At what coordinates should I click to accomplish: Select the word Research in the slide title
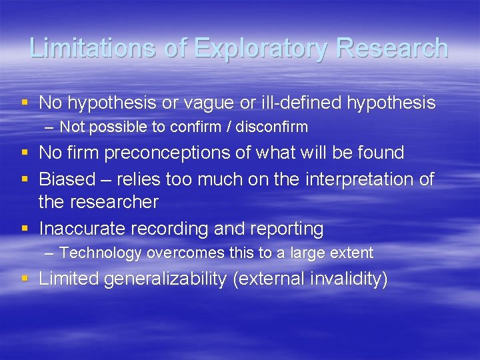[x=393, y=48]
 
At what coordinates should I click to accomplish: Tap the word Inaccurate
[x=83, y=229]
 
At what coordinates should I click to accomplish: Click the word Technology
[x=101, y=253]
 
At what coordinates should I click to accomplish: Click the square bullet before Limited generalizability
[x=25, y=278]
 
